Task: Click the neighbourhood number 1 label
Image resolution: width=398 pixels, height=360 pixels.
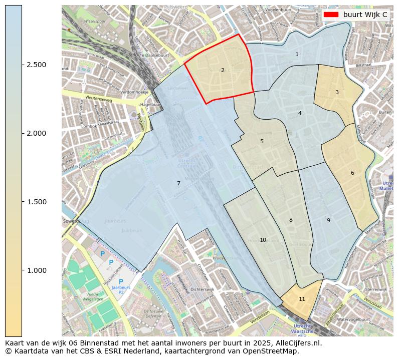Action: coord(297,54)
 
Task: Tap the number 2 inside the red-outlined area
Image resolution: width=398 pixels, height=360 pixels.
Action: coord(223,70)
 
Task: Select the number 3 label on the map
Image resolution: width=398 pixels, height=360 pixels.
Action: coord(337,92)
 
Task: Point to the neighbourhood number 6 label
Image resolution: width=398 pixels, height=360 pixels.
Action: coord(352,173)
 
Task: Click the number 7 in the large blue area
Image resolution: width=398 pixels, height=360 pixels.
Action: coord(178,183)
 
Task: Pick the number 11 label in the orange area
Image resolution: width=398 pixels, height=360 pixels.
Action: coord(302,299)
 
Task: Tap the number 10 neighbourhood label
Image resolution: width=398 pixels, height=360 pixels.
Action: coord(263,240)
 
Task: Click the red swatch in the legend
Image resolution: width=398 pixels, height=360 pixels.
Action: coord(331,15)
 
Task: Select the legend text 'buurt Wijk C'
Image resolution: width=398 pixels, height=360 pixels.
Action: coord(365,15)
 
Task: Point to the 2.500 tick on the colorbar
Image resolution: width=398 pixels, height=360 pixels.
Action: coord(37,65)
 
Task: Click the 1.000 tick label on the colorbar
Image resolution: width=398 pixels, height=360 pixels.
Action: coord(37,270)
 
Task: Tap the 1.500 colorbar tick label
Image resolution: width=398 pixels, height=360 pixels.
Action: coord(37,202)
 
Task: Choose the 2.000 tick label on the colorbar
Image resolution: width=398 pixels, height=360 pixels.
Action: coord(37,133)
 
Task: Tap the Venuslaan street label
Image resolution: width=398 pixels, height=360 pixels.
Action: coord(376,299)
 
